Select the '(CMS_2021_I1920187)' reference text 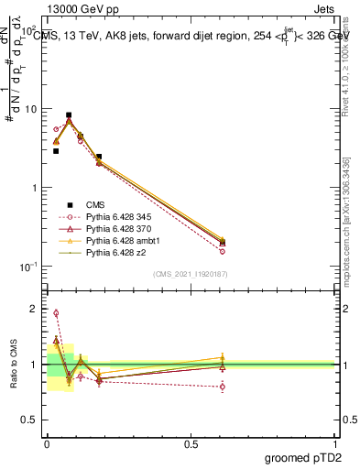click(x=190, y=274)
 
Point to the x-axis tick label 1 click(x=335, y=442)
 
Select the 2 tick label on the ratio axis click(x=36, y=309)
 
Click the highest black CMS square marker click(x=69, y=115)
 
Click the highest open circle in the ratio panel click(x=56, y=313)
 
